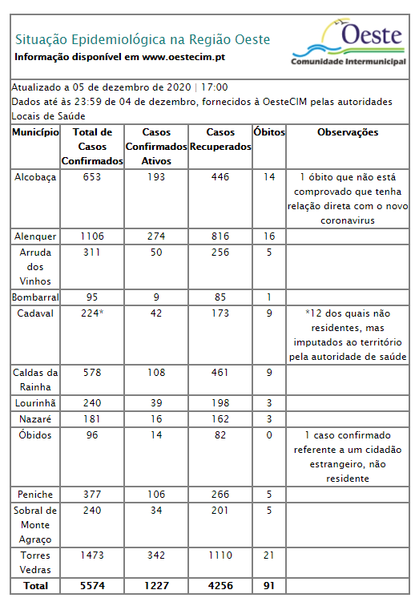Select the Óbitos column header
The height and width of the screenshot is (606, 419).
point(268,132)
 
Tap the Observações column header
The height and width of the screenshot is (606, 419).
point(347,132)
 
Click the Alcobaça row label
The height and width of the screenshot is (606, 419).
point(35,177)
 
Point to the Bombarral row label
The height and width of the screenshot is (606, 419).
point(35,297)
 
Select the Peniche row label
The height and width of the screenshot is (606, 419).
point(35,495)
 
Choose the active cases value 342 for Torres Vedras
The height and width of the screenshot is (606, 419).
point(155,555)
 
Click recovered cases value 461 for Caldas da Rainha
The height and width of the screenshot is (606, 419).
point(220,373)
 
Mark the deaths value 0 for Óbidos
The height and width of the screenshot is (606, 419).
point(268,435)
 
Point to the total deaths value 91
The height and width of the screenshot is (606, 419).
point(268,586)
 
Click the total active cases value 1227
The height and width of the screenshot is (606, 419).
point(155,586)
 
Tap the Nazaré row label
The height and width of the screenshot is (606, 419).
point(35,419)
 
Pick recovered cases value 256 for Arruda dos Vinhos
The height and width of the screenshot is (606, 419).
point(220,252)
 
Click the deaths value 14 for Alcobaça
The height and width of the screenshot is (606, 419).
point(268,177)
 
